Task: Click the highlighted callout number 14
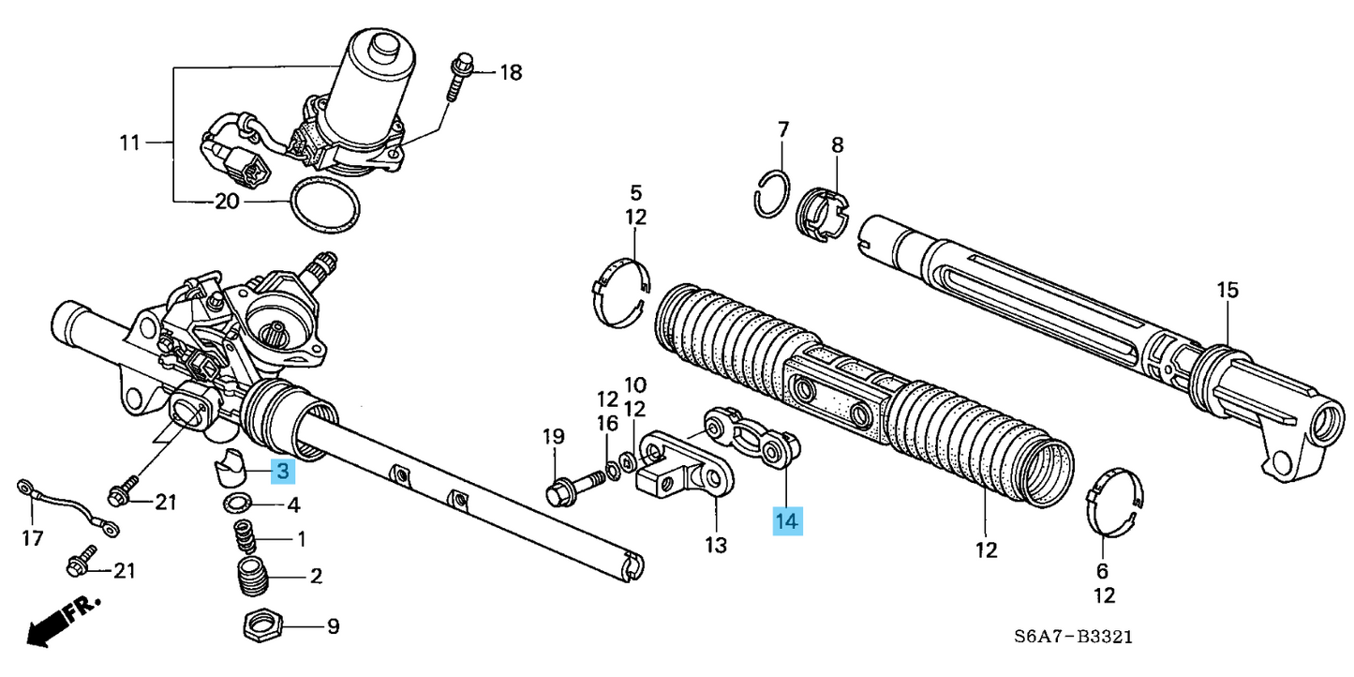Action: point(786,520)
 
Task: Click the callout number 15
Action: point(1228,291)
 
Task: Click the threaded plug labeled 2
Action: point(250,577)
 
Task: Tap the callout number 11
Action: point(129,143)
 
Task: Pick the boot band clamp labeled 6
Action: point(1115,506)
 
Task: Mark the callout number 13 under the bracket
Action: point(715,544)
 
